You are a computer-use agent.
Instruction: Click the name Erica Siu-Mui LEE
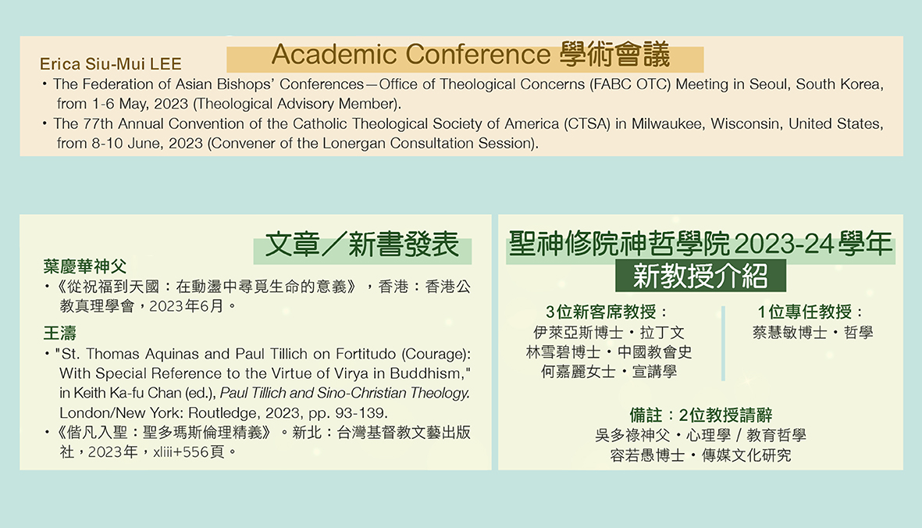pos(111,63)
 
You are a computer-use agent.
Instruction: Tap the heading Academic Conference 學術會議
pos(471,55)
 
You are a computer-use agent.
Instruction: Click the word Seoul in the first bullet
pos(769,84)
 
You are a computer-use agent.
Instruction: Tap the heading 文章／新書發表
pos(361,244)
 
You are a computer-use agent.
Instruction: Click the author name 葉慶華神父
pos(84,266)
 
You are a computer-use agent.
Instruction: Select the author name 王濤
pos(60,334)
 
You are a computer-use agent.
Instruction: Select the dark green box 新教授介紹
pos(700,275)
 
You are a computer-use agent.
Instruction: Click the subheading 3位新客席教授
pos(607,312)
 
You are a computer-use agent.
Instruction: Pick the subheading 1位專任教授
pos(810,312)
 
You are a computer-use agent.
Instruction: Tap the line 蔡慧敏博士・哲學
pos(813,332)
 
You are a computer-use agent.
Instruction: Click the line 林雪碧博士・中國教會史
pos(609,351)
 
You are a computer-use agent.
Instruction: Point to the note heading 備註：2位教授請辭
pos(700,415)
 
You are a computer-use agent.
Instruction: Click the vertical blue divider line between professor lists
pos(723,343)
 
